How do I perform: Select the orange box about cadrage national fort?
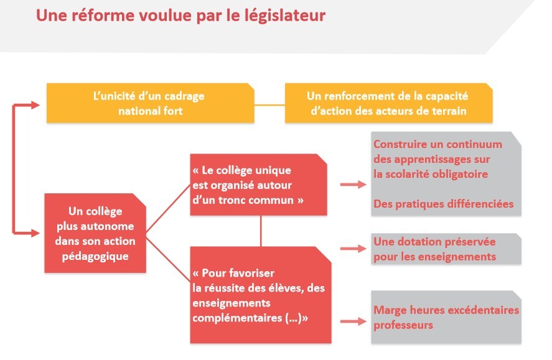(151, 103)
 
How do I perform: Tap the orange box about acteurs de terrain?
(389, 103)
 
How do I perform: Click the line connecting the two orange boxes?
(269, 104)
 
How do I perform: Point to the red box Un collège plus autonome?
(95, 233)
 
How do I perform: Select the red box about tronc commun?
(258, 185)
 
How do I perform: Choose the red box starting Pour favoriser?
(261, 295)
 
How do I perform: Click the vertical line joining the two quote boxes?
(261, 231)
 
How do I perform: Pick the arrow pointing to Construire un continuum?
(353, 184)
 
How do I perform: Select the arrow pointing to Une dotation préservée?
(353, 249)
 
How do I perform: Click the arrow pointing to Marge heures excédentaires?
(353, 321)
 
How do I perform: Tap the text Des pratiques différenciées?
(443, 205)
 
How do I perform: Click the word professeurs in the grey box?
(403, 325)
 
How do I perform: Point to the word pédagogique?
(95, 256)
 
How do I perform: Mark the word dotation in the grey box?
(413, 241)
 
